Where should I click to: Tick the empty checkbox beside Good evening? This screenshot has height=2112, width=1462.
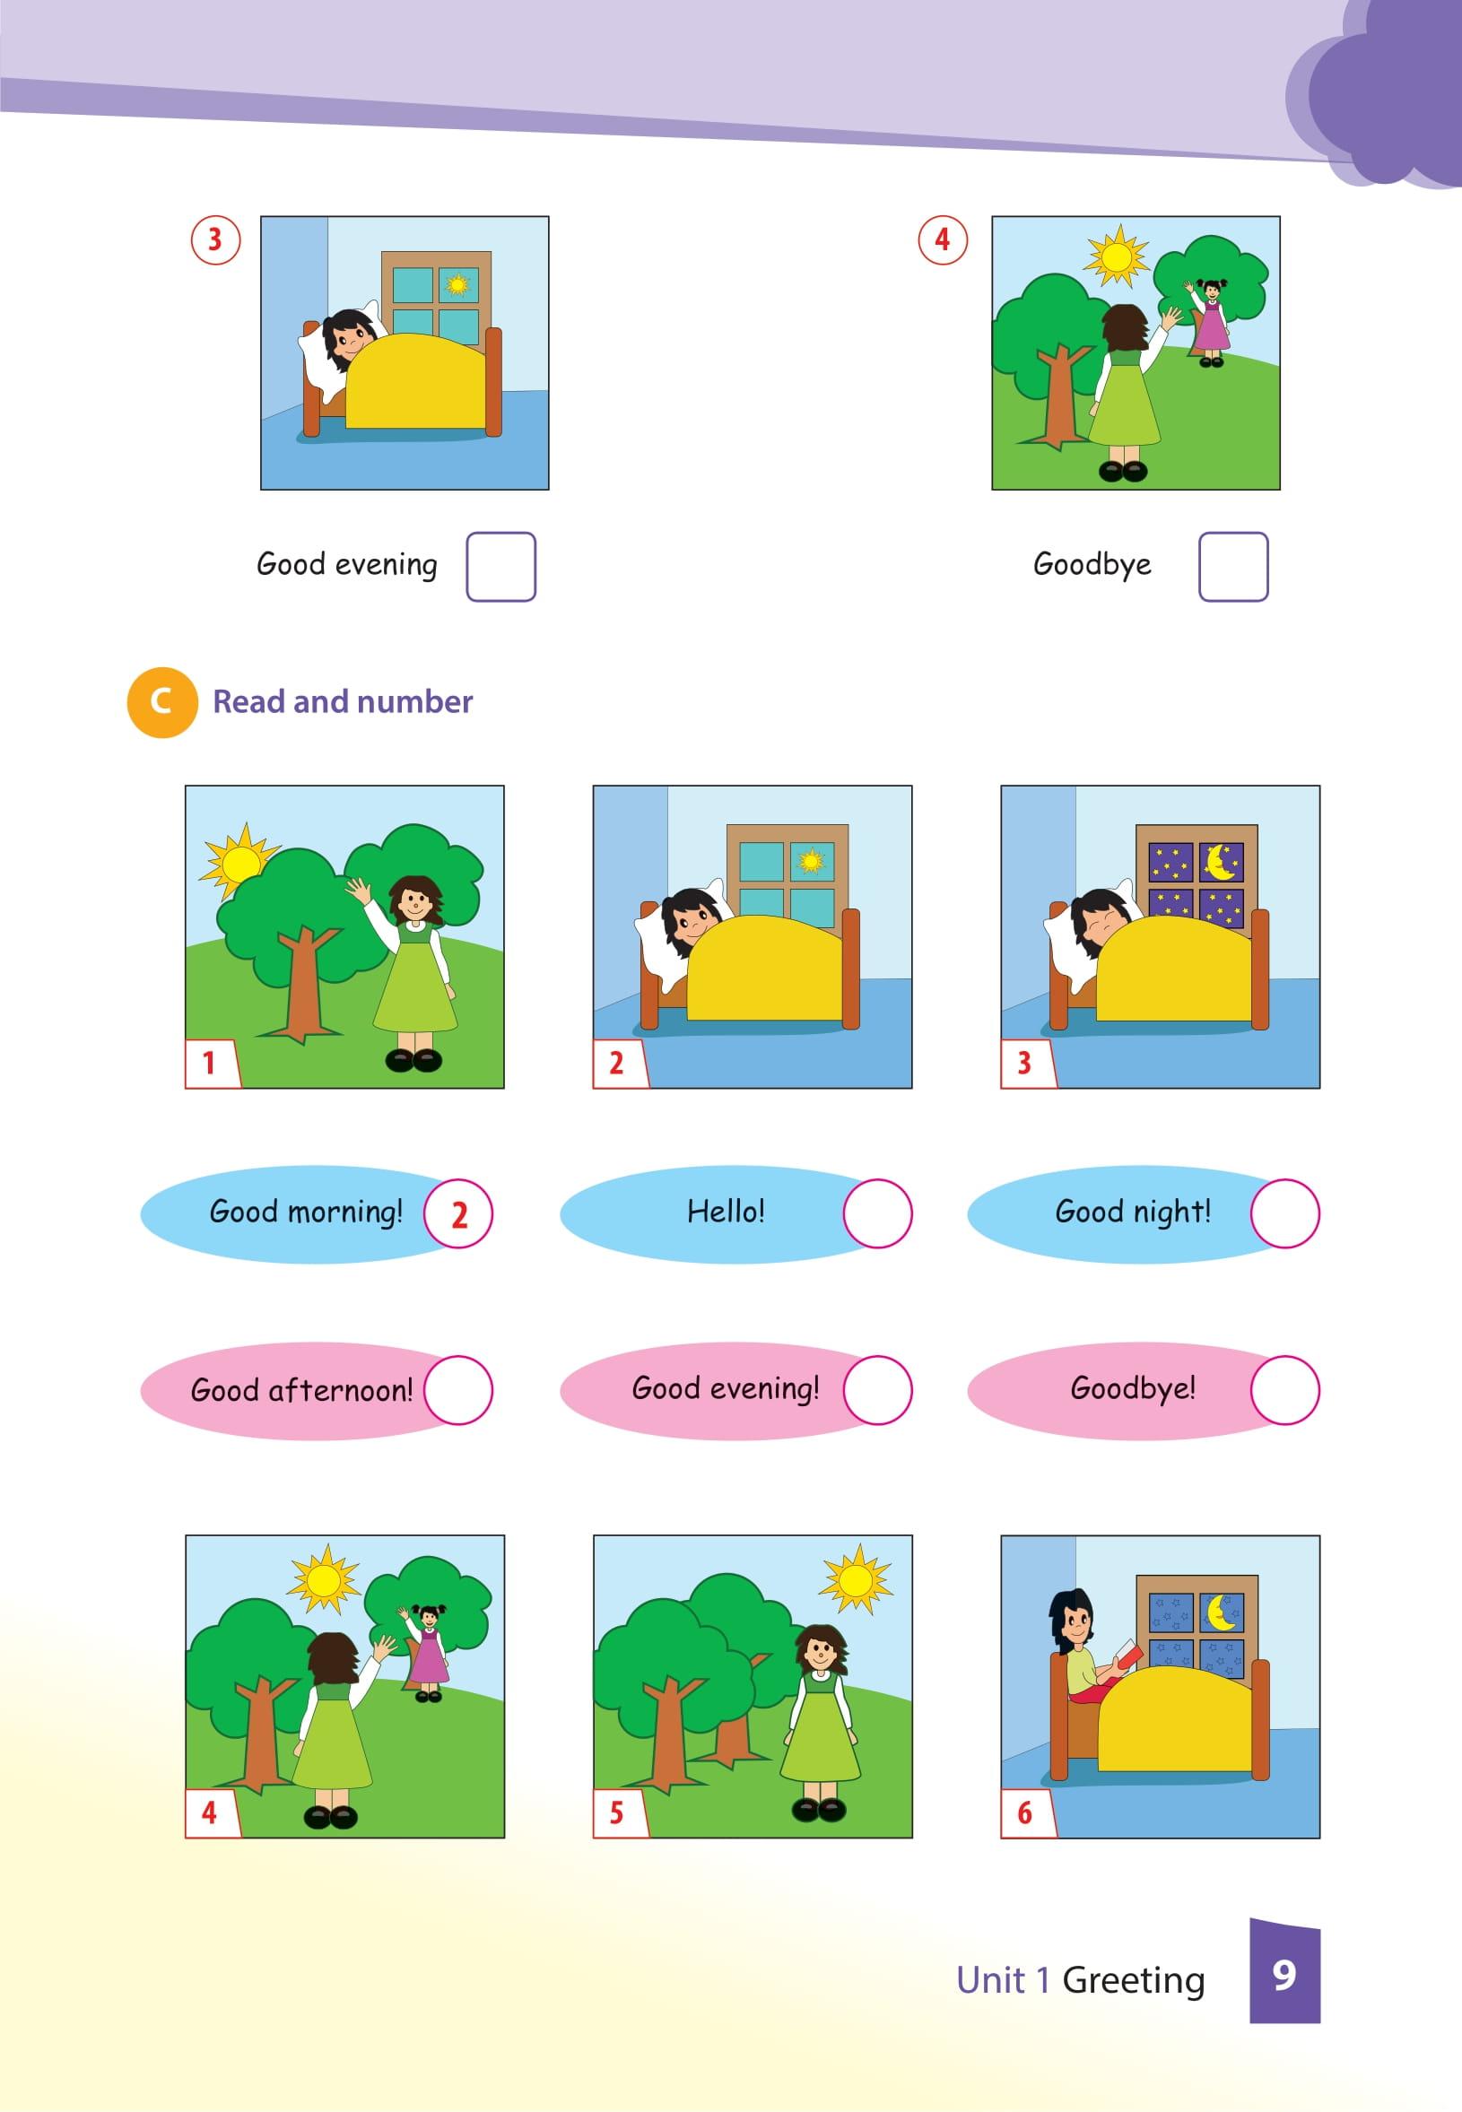[500, 566]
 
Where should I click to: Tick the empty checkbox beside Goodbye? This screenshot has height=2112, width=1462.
[1233, 566]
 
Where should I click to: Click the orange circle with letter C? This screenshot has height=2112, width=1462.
[162, 702]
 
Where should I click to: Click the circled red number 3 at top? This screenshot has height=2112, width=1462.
[215, 240]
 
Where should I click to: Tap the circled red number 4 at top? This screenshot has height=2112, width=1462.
[943, 240]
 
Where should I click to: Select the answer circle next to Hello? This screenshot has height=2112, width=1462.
[877, 1212]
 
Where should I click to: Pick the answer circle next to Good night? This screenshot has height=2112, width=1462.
[1284, 1212]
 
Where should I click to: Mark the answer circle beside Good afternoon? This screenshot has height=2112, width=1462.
[458, 1389]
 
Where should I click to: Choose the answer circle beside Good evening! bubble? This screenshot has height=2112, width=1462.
[877, 1389]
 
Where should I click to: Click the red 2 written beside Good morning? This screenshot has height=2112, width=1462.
[460, 1214]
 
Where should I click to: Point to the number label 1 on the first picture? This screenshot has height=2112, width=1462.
[209, 1064]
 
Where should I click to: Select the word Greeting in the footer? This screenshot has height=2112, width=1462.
[1133, 1981]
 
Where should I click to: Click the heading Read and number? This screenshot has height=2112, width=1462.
[343, 701]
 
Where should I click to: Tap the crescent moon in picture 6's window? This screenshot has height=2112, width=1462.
[1222, 1612]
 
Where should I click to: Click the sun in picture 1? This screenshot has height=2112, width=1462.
[239, 862]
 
